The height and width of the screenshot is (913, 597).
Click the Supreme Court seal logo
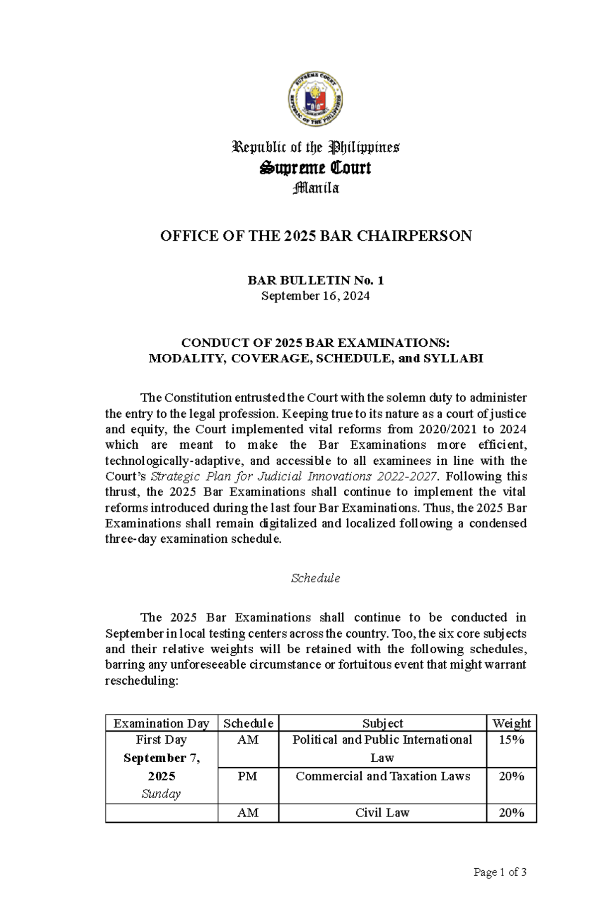coord(315,102)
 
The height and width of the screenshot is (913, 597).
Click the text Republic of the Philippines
coord(315,147)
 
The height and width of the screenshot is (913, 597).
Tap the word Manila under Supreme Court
coord(316,189)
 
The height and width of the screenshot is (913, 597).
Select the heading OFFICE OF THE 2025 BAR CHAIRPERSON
coord(315,236)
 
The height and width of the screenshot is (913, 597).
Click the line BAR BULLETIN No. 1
coord(315,281)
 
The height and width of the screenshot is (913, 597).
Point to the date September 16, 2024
coord(315,296)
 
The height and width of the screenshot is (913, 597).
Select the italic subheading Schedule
coord(315,578)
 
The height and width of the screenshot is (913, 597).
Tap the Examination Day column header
coord(161,723)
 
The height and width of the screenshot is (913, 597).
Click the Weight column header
coord(511,723)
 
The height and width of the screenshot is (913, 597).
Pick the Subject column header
coord(382,723)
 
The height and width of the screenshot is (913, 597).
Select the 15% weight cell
coord(511,740)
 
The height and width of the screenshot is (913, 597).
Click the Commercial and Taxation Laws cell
coord(382,776)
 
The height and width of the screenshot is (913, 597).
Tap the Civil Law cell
coord(382,812)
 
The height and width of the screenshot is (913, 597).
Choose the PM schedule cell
coord(248,776)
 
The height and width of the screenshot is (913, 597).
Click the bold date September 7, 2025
coord(161,767)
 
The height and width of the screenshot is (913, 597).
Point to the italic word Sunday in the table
coord(161,794)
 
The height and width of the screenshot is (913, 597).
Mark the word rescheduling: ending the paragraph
coord(141,681)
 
